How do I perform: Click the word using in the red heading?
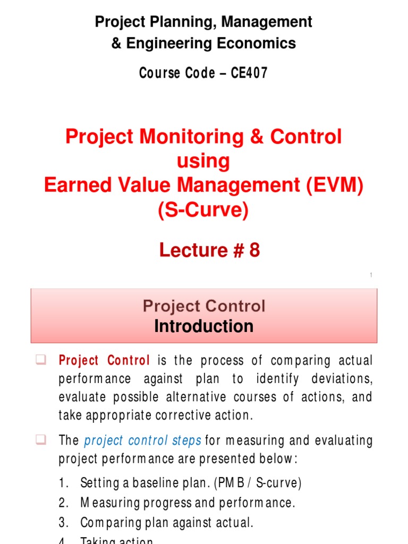203,161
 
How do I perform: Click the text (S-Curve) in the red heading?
203,211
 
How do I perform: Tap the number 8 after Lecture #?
254,250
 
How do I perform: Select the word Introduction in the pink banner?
203,326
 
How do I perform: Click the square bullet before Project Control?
40,360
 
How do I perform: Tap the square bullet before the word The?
40,440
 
